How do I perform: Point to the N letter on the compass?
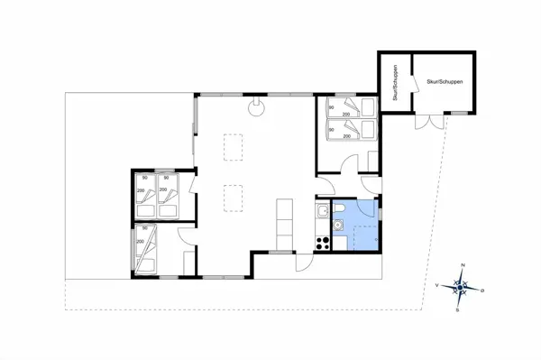point(463,265)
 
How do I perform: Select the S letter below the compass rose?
point(458,309)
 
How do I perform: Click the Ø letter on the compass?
point(482,290)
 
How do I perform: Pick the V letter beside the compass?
point(437,285)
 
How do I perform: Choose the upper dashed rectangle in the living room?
point(234,145)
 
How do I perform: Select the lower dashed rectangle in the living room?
point(234,196)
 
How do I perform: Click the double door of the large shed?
point(423,118)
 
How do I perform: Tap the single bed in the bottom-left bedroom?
point(146,250)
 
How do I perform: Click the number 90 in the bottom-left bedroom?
point(140,231)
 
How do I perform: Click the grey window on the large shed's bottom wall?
point(459,113)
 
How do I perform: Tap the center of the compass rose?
point(460,288)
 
